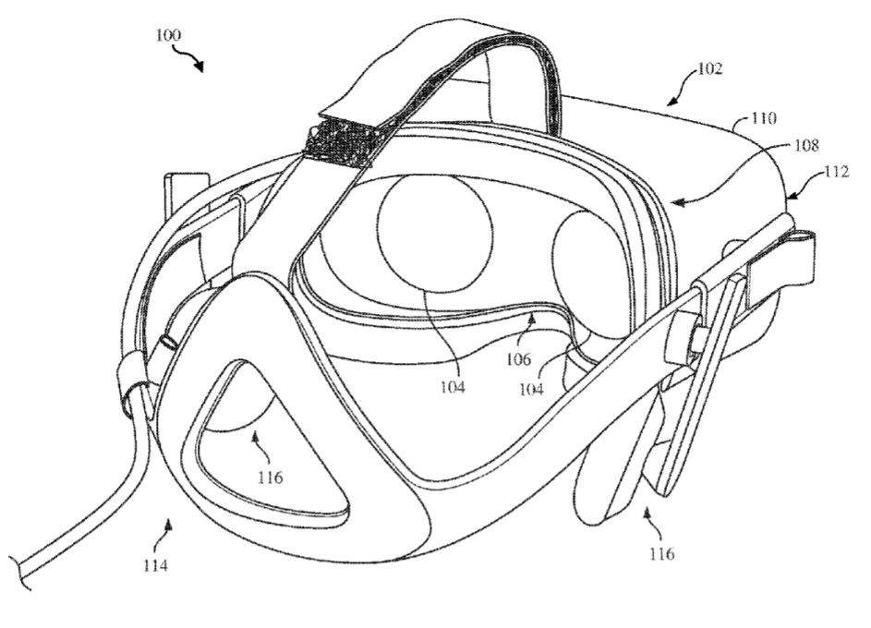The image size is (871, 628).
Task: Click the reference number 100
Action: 168,35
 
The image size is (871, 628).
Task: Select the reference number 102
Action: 709,68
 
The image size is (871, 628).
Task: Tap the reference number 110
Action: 764,118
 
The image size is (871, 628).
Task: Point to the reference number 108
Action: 806,146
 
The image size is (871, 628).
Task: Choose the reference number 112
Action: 837,172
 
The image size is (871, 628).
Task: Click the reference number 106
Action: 518,359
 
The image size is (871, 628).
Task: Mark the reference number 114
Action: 155,566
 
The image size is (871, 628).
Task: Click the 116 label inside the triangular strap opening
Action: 270,477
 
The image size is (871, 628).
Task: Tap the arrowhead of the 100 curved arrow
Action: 199,66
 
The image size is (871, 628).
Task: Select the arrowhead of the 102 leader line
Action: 671,101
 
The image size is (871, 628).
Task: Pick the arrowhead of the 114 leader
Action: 169,522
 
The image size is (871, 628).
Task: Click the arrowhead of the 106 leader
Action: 532,319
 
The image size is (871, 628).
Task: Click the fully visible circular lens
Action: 435,230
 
